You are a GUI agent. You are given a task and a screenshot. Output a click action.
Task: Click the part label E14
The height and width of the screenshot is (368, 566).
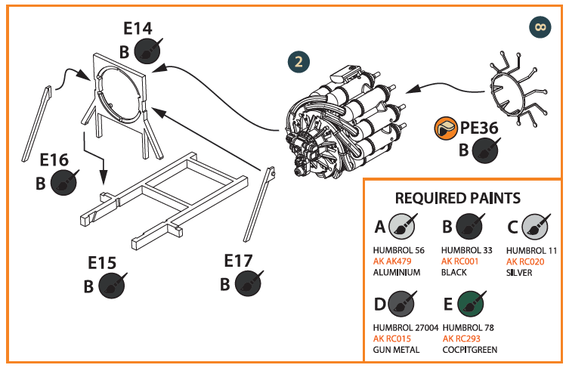click(138, 29)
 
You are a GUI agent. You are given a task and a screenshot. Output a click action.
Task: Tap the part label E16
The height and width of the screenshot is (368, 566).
click(54, 160)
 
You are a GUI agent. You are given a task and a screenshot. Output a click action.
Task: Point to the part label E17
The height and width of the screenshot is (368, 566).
click(239, 261)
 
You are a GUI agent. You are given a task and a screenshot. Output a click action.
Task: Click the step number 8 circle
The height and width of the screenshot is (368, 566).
click(539, 26)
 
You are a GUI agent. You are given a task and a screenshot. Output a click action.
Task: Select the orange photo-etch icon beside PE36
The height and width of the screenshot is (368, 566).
click(446, 129)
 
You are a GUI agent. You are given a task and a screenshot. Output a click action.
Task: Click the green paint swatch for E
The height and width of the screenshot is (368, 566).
click(472, 305)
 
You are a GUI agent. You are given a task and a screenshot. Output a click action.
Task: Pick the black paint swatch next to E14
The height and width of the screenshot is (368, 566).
click(147, 51)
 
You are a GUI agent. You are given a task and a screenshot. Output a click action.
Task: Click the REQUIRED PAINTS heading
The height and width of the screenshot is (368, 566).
click(458, 198)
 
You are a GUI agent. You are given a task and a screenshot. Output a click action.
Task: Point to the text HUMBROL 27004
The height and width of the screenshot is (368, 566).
click(406, 327)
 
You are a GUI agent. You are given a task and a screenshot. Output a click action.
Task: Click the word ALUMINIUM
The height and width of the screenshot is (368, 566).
click(397, 273)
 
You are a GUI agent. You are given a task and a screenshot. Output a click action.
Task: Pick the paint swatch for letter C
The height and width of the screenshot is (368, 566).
click(537, 226)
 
